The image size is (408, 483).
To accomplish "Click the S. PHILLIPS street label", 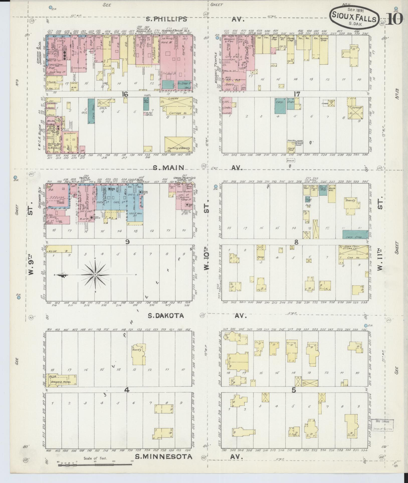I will click(167, 19).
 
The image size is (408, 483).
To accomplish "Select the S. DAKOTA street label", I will click(165, 316).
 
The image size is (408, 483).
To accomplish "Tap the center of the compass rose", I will click(95, 275).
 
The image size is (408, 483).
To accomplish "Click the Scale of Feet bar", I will click(95, 464).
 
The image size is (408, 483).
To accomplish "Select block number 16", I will click(125, 94).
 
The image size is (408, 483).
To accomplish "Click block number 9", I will click(127, 242).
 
